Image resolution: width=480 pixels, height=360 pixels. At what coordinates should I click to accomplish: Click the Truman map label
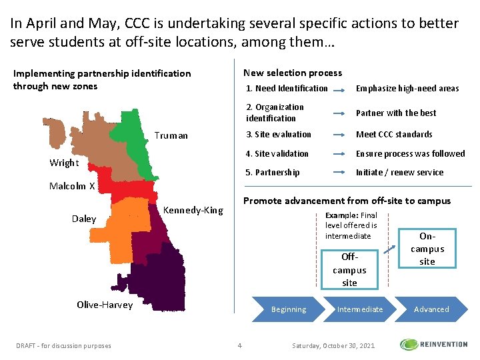[171, 135]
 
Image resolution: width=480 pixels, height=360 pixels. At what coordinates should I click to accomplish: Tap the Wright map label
[64, 163]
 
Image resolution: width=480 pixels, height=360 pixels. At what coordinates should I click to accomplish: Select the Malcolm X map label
[72, 186]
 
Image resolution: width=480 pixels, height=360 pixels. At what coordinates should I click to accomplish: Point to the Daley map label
[84, 219]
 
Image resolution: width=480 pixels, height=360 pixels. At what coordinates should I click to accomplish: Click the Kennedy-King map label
[193, 210]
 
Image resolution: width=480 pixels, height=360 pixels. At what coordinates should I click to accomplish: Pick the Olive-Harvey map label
[105, 305]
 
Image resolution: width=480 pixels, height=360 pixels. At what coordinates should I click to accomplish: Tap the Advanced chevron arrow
[431, 309]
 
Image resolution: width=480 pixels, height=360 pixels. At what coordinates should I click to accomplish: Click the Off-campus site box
[349, 269]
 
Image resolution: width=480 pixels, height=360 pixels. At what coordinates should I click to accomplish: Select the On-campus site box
[427, 248]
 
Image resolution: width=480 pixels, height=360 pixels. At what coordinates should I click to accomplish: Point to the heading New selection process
[293, 73]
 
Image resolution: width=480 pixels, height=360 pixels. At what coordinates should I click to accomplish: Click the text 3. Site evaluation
[278, 134]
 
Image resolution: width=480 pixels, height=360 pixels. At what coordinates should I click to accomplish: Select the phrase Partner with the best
[396, 113]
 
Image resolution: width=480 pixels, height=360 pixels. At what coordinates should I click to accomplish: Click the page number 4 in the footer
[240, 345]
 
